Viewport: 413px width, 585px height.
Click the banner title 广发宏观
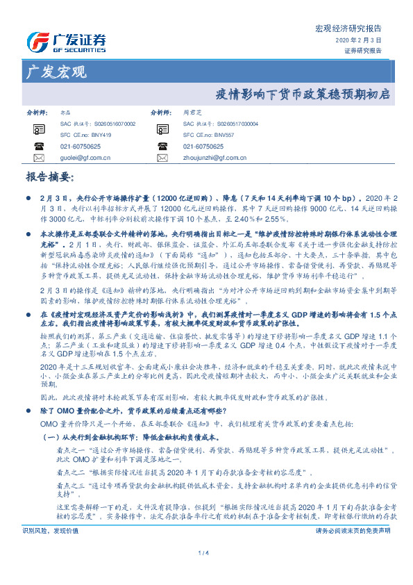56,72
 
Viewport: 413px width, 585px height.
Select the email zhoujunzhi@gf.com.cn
216,158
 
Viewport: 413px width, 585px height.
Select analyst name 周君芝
191,111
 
